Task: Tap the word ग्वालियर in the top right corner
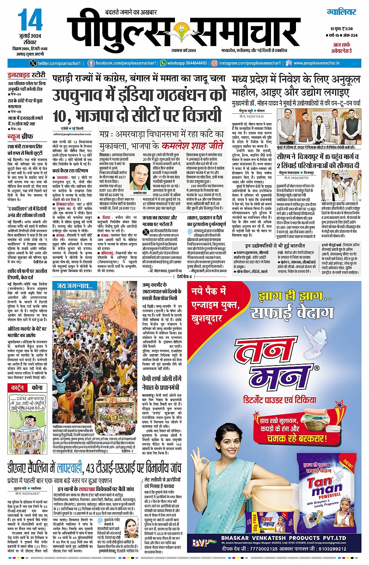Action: pyautogui.click(x=341, y=12)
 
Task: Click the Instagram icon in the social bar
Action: pyautogui.click(x=214, y=63)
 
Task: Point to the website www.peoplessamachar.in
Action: pyautogui.click(x=316, y=63)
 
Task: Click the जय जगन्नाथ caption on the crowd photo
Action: pyautogui.click(x=75, y=286)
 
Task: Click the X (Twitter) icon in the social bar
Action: pyautogui.click(x=32, y=63)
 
